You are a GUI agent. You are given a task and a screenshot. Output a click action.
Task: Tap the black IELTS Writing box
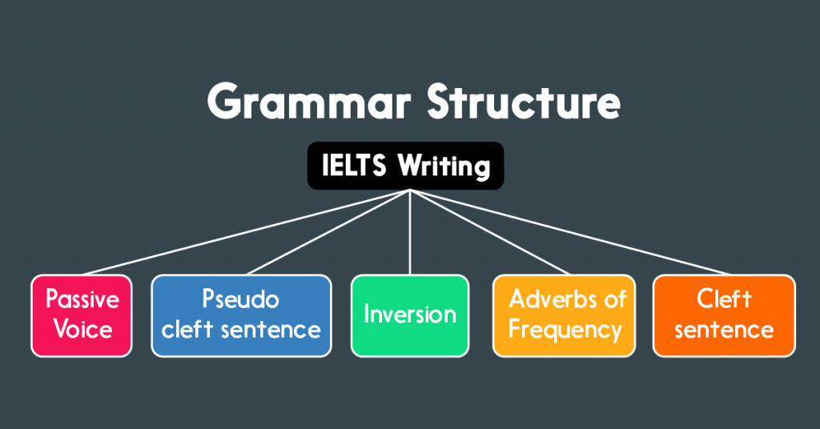point(406,166)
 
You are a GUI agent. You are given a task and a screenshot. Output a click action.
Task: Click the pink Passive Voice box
point(82,315)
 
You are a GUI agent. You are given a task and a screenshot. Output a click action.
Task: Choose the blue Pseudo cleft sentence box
point(241,315)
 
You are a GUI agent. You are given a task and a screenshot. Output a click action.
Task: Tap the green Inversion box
point(410,315)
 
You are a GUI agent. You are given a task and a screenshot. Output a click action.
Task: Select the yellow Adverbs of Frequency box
point(564,315)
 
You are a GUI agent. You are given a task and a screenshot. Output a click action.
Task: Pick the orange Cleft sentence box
point(724,315)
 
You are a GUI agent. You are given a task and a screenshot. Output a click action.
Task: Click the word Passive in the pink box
point(82,300)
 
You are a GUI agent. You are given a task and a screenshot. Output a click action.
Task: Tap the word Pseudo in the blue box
point(240,300)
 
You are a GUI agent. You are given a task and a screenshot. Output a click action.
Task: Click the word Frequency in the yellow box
point(565,330)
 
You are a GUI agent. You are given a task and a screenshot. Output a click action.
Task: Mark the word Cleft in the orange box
point(724,300)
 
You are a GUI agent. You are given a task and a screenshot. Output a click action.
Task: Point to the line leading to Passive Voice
point(240,233)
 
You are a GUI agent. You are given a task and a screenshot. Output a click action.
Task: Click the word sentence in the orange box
point(724,330)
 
